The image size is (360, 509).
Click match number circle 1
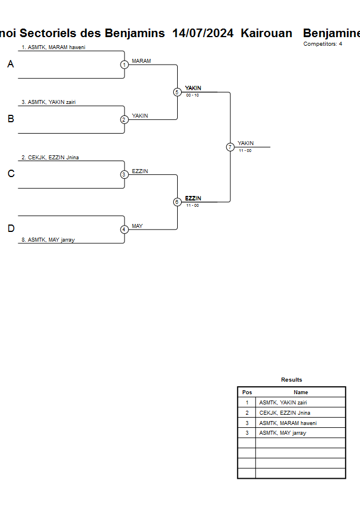pos(124,65)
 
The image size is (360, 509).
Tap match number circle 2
pos(124,120)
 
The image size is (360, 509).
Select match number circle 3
pos(124,175)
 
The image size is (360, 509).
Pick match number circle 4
pos(124,230)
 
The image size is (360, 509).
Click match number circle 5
pos(177,92)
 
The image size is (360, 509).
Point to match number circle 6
pos(177,202)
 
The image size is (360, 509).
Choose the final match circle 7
pos(230,147)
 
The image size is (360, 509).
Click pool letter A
pos(10,65)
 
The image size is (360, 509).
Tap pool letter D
pos(10,229)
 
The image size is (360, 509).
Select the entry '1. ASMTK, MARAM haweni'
pos(57,47)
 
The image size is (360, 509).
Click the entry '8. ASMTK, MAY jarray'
pos(51,240)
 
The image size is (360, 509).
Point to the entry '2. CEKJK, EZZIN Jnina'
pos(54,158)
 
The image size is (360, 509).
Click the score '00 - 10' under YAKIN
pos(193,95)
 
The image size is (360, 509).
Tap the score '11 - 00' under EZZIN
pos(193,205)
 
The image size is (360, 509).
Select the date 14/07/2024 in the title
pos(203,33)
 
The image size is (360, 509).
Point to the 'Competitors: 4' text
pos(323,44)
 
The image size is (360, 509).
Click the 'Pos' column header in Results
pos(247,392)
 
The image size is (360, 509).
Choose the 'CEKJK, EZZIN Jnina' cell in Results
pos(285,412)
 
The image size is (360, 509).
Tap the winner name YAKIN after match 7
pos(246,143)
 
